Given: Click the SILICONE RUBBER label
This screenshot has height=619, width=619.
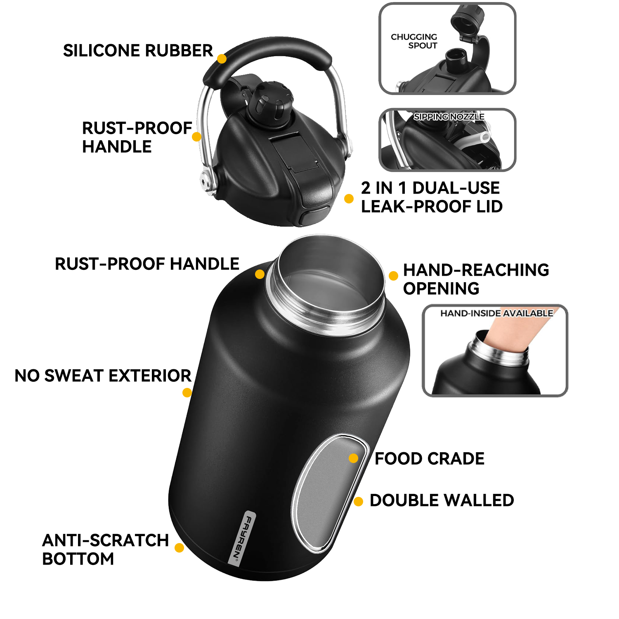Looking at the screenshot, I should (x=138, y=51).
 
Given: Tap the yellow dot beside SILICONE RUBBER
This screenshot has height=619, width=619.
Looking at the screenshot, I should (x=222, y=59).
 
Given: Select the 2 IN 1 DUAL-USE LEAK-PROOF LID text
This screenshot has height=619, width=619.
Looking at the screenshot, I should (x=431, y=197).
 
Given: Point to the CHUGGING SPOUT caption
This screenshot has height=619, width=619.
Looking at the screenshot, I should (x=414, y=41).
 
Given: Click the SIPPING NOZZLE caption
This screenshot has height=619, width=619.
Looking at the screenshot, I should (x=449, y=117).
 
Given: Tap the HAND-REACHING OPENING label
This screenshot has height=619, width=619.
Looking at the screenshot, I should (x=475, y=279).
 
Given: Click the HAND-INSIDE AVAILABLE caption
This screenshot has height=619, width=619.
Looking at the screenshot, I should (x=496, y=313).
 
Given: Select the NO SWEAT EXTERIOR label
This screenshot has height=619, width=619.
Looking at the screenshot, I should (x=103, y=376).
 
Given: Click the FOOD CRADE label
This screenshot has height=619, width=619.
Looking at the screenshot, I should (x=429, y=458).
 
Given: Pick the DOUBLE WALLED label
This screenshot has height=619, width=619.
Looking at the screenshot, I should (x=442, y=500).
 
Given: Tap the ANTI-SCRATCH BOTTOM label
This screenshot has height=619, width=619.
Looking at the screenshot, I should (x=105, y=549).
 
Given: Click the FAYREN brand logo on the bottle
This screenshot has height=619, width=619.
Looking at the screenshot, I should (x=242, y=538).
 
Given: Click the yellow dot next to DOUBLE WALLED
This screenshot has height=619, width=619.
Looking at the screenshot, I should (x=358, y=501).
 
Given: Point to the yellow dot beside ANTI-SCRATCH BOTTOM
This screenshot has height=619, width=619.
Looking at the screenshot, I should (x=179, y=548).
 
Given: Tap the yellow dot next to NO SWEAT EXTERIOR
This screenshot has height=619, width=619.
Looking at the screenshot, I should (x=187, y=392).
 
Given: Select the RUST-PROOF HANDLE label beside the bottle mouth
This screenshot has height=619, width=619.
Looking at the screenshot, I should (x=147, y=264).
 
